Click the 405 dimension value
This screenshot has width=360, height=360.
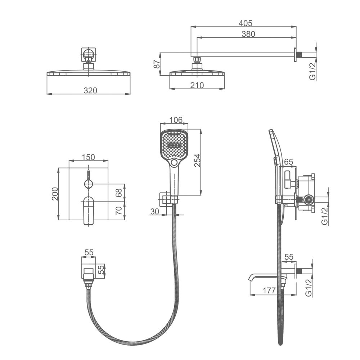[x=246, y=23]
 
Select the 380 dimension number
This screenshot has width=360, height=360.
[x=248, y=34]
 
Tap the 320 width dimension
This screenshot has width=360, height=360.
[x=90, y=90]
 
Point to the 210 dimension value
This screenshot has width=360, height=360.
[x=197, y=85]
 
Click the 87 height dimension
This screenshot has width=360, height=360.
[x=157, y=64]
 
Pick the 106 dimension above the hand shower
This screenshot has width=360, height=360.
[x=176, y=120]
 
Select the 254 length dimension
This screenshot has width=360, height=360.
[x=197, y=161]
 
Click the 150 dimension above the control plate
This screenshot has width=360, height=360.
[x=88, y=157]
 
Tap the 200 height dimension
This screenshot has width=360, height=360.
[x=55, y=194]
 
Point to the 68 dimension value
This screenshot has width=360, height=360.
[x=119, y=193]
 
